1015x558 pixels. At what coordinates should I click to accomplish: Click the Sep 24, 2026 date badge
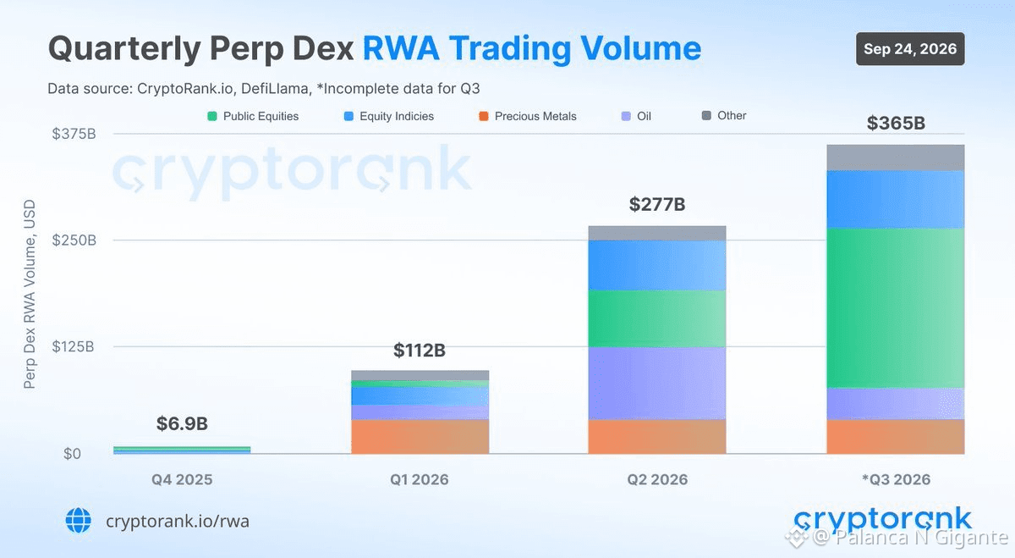pos(910,48)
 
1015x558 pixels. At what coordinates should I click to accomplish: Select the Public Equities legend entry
pos(253,116)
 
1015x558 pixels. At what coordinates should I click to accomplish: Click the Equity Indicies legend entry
pos(389,116)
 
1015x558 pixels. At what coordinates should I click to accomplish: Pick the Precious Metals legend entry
pos(528,116)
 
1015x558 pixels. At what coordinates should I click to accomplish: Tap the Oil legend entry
pos(636,116)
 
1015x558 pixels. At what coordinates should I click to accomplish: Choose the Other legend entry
pos(724,116)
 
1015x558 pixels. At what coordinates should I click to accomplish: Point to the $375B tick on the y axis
pos(74,134)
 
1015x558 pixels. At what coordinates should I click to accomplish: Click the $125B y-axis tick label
pos(73,346)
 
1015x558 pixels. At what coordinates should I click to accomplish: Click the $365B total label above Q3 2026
pos(896,123)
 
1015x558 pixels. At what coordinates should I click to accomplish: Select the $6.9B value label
pos(182,423)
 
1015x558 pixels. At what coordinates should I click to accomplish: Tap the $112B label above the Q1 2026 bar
pos(420,350)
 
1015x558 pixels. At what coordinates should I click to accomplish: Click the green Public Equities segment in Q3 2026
pos(896,308)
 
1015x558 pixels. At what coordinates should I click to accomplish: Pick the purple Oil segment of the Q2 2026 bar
pos(657,384)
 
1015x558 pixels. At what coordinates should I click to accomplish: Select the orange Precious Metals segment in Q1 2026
pos(420,436)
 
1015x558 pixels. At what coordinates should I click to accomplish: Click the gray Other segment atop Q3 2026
pos(896,157)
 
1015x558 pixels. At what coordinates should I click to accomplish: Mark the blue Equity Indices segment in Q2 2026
pos(657,265)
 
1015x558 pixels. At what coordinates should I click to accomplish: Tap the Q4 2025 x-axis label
pos(182,479)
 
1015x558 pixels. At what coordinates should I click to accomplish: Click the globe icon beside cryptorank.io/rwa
pos(79,521)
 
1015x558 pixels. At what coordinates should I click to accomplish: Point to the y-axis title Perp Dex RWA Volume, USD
pos(30,294)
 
